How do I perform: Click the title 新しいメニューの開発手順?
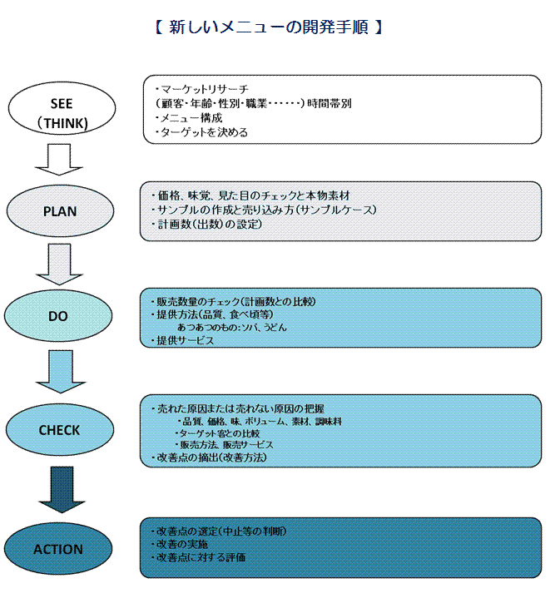click(x=269, y=27)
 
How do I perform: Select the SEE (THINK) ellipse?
click(x=62, y=108)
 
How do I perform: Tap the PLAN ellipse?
click(x=60, y=211)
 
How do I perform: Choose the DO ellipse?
click(x=58, y=315)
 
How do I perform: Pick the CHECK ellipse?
click(x=60, y=430)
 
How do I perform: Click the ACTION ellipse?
click(x=58, y=549)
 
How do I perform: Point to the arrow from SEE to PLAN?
click(x=59, y=160)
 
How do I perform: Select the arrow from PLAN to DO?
click(x=59, y=264)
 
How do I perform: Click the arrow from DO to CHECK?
click(x=61, y=372)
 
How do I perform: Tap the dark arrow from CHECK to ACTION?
click(x=62, y=489)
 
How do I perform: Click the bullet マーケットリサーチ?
click(x=201, y=89)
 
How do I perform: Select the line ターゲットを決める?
click(x=201, y=132)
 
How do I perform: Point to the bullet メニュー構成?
click(x=189, y=118)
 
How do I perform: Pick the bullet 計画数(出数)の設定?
click(x=206, y=224)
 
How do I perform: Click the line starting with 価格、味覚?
click(x=250, y=195)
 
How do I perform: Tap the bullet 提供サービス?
click(x=182, y=340)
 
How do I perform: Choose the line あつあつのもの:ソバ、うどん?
click(x=232, y=327)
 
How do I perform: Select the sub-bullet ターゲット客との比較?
click(x=217, y=433)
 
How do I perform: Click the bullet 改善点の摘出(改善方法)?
click(x=209, y=457)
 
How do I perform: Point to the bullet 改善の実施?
click(x=179, y=544)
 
